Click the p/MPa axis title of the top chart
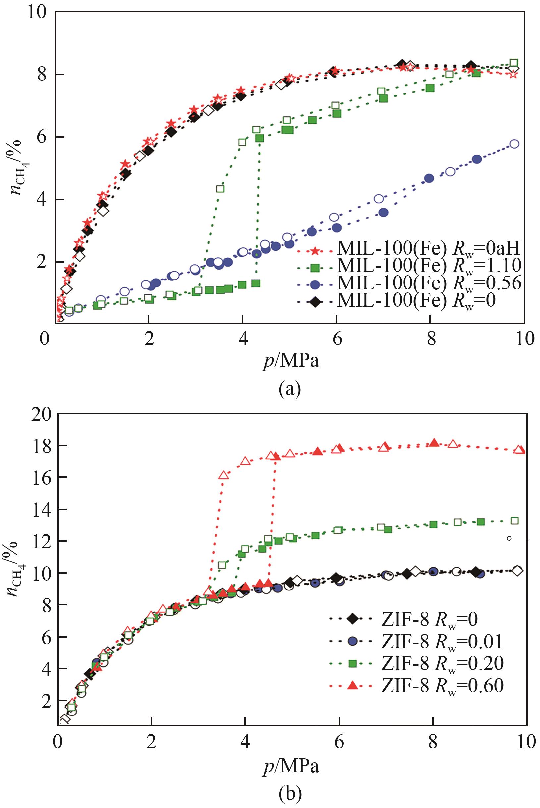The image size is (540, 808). coord(291,362)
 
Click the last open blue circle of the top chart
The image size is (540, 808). coord(514,144)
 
